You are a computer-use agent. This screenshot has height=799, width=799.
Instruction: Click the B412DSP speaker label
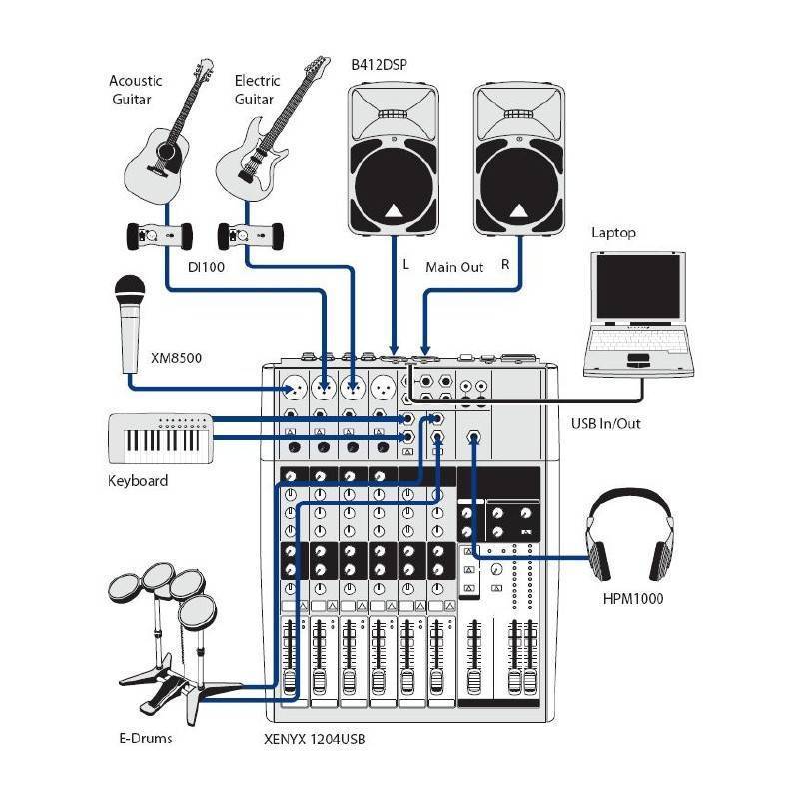point(379,65)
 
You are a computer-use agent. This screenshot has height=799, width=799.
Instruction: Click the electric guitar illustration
point(263,145)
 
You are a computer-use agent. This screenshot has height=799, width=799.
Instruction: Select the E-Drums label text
point(145,739)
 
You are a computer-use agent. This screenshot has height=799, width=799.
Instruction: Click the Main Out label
point(454,267)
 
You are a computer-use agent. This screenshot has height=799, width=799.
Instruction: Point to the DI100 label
point(204,267)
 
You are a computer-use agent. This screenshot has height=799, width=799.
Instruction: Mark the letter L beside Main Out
point(405,266)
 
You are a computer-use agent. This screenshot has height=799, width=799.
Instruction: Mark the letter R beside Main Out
point(505,266)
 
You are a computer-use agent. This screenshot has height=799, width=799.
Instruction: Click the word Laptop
point(613,233)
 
